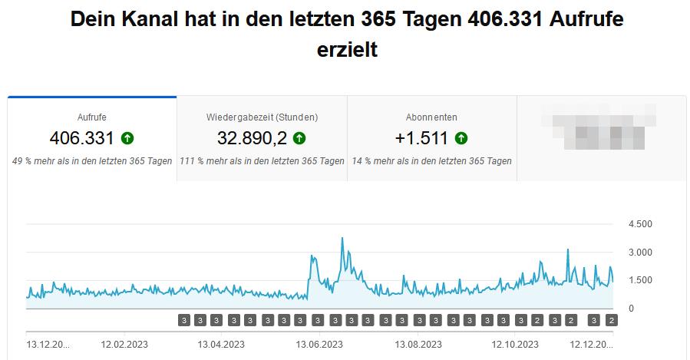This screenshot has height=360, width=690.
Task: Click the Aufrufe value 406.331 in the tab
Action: coord(81,138)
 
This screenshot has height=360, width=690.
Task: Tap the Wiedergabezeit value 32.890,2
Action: coord(251,138)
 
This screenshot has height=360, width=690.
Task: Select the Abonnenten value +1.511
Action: coord(421,138)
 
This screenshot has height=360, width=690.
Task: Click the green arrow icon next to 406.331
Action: coord(127,138)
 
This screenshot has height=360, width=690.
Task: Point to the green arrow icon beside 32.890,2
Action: coord(299,138)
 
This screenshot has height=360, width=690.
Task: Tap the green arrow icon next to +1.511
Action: coord(461,138)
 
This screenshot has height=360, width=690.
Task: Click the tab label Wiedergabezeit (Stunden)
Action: coord(262,117)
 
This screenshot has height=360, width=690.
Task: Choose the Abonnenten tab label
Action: coord(431,117)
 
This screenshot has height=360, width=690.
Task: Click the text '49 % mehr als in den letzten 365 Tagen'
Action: coord(92,161)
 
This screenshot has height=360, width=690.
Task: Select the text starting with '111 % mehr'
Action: coord(262,161)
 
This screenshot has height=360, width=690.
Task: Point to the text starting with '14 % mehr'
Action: coord(431,161)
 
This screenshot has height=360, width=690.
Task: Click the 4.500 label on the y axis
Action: coord(639,224)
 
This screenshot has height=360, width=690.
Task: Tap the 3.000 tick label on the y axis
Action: coord(639,253)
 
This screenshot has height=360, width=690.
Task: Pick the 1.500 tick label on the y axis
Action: coord(639,280)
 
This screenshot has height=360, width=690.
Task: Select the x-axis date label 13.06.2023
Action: coord(318,343)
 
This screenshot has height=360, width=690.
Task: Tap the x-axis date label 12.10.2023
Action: coord(516,343)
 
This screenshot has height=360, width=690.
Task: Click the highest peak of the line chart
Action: coord(342,239)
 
